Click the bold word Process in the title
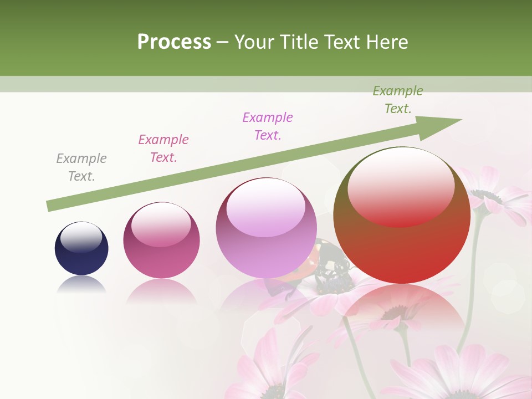pyautogui.click(x=174, y=42)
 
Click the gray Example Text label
pyautogui.click(x=81, y=167)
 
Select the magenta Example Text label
pyautogui.click(x=163, y=149)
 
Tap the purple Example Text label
pyautogui.click(x=268, y=126)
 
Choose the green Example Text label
pyautogui.click(x=398, y=100)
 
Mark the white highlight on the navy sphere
pyautogui.click(x=81, y=237)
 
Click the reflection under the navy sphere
pyautogui.click(x=81, y=286)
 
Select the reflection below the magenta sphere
pyautogui.click(x=161, y=291)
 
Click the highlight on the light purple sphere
pyautogui.click(x=265, y=207)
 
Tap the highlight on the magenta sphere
pyautogui.click(x=161, y=224)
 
